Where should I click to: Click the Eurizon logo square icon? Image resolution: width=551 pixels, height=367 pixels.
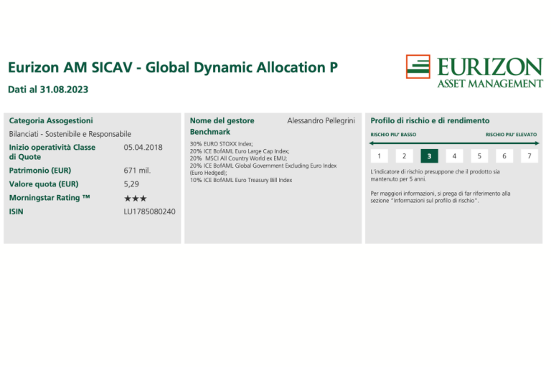pos(418,67)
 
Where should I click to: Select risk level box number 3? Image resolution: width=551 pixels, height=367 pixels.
pos(429,156)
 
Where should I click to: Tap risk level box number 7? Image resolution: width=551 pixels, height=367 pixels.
pos(529,156)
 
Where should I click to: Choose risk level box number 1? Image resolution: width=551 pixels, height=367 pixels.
pos(379,156)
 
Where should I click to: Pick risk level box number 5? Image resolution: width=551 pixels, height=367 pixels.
pos(479,156)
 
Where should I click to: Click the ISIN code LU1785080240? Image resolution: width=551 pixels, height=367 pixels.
pos(149,211)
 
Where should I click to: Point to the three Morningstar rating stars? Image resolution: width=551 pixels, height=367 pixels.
pos(136,199)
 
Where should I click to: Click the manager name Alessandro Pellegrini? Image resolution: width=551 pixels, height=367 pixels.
pos(321,121)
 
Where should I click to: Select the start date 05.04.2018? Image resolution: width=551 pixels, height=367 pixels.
pos(143,147)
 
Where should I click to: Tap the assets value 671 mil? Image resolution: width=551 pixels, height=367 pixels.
pos(137,171)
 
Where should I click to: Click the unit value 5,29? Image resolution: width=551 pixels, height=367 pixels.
pos(131,184)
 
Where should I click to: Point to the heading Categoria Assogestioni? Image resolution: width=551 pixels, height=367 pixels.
pos(51,121)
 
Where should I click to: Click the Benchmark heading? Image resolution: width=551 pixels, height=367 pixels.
pos(209,132)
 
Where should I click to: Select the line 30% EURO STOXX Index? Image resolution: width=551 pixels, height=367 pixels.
pos(222,143)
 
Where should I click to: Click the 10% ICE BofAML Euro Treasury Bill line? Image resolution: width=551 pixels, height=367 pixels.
pos(241,180)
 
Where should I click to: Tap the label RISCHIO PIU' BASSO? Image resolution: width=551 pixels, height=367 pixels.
pos(393,135)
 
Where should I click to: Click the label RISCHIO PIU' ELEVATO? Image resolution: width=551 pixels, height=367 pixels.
pos(512,135)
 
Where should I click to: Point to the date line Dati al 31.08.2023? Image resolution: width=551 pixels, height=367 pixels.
pos(48,90)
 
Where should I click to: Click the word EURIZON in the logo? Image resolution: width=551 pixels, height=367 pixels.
pos(490,67)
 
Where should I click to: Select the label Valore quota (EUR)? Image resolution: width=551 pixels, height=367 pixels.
pos(44,184)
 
